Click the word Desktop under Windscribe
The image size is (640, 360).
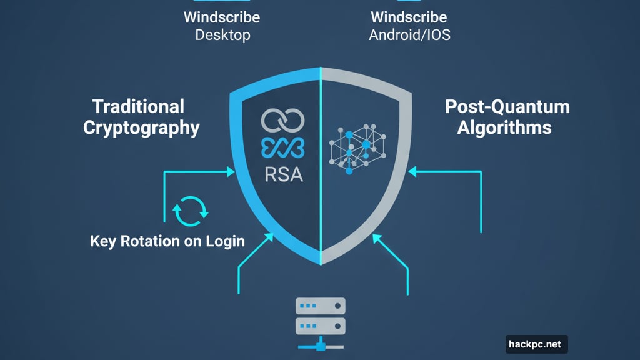point(222,34)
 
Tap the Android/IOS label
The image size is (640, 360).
point(409,34)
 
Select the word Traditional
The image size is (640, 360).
point(138,106)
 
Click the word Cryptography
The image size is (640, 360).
point(141,128)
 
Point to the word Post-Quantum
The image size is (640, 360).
point(507,106)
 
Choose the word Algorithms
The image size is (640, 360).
point(504,128)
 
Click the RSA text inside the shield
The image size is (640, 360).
point(283,174)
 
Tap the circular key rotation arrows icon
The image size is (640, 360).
point(190,211)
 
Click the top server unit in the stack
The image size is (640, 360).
point(321,306)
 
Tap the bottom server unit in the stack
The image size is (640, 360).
point(321,326)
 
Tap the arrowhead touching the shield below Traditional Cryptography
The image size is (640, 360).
point(232,170)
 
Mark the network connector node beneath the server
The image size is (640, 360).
point(321,344)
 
